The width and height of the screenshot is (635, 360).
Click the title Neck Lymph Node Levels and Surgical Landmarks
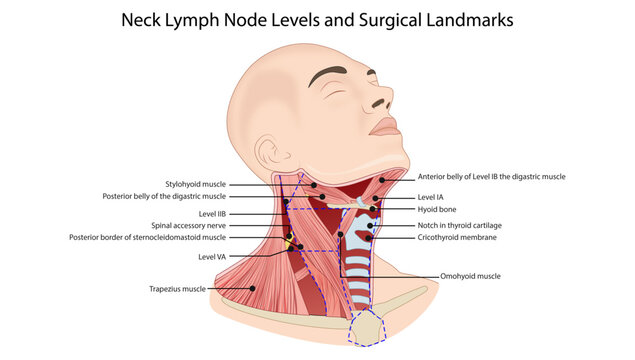pos(317,19)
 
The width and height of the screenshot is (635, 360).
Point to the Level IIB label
pos(213,214)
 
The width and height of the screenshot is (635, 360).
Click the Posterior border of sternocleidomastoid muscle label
pos(148,238)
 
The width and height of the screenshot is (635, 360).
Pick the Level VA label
pos(213,257)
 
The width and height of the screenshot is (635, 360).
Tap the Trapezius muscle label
pos(177,289)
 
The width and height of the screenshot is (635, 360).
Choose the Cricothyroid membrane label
pos(457,238)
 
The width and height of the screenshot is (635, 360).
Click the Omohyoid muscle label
pos(470,276)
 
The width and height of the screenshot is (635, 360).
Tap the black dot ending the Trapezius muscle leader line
pos(253,289)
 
